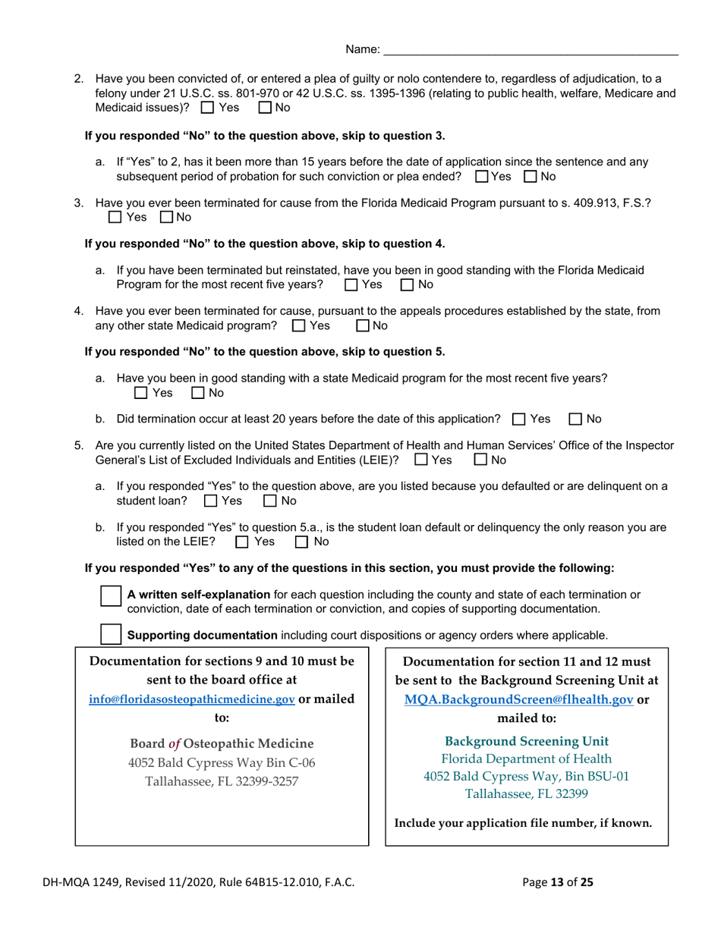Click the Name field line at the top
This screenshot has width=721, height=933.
coord(530,49)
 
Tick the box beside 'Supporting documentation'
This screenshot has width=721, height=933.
coord(111,633)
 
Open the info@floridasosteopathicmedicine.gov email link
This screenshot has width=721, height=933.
coord(192,699)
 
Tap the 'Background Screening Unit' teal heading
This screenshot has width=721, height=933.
coord(526,740)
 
